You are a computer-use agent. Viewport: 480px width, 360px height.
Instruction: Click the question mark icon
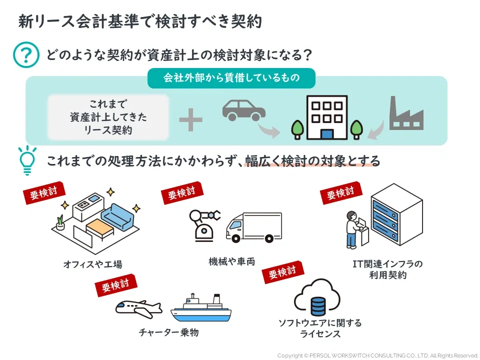pos(25,54)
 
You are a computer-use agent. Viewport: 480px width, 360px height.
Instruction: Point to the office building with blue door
pos(326,118)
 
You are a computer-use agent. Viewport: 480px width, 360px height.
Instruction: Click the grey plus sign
pos(190,120)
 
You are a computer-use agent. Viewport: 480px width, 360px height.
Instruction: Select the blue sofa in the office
pos(119,216)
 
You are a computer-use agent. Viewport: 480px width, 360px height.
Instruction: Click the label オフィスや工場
pos(92,264)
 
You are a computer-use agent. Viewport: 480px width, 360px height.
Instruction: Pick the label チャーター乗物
pos(168,332)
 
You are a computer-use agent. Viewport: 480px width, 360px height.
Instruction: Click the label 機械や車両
pos(232,261)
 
